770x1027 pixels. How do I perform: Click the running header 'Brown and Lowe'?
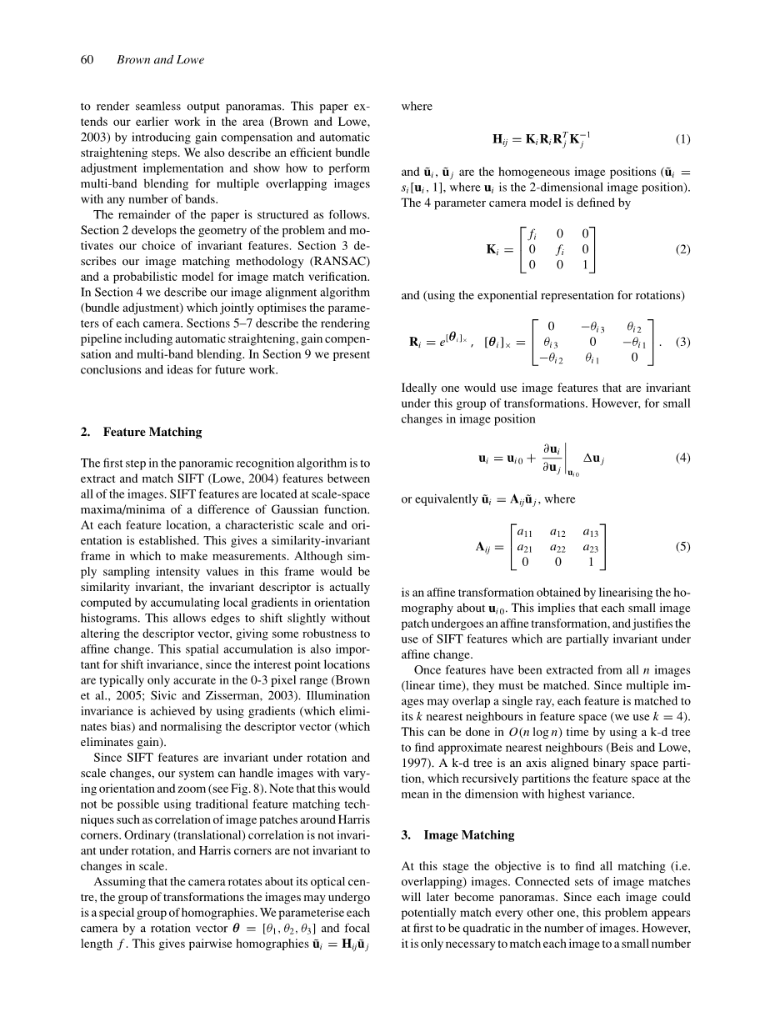[160, 60]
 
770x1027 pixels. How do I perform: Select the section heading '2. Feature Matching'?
[141, 432]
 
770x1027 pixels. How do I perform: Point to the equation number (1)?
[682, 138]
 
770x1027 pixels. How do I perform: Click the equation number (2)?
[682, 249]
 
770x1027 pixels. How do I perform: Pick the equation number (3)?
[682, 342]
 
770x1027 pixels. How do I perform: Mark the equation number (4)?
[682, 458]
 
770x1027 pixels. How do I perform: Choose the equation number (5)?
[682, 547]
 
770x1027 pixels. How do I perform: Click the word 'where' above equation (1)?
[416, 107]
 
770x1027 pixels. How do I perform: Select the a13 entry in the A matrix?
[590, 532]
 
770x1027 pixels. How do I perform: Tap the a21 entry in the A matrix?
[525, 547]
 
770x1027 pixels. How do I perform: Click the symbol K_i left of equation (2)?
[493, 249]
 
